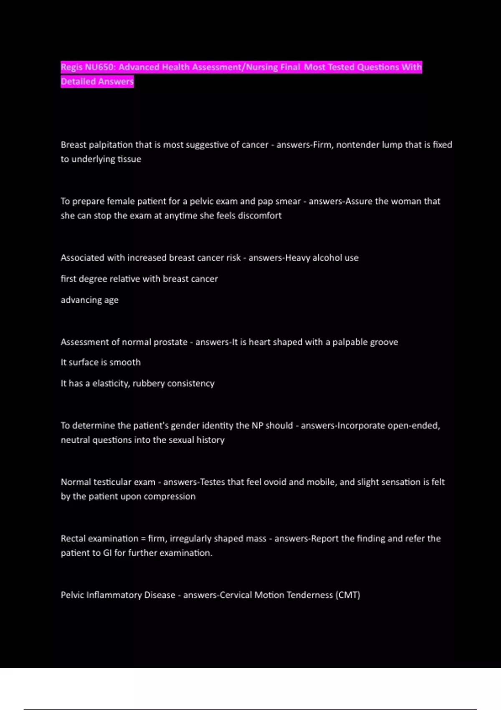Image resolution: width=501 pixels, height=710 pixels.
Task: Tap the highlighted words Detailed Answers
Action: click(x=97, y=81)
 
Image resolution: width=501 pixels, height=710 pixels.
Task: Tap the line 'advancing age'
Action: click(x=89, y=300)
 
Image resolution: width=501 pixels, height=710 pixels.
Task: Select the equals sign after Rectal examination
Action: click(x=143, y=539)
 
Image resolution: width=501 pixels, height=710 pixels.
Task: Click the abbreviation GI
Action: click(x=107, y=553)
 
